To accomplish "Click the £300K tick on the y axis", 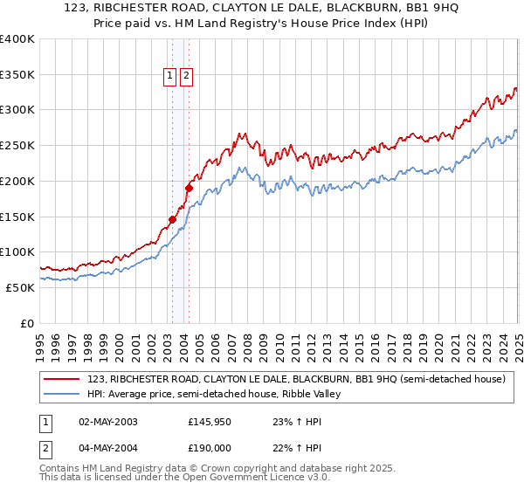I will pos(17,110).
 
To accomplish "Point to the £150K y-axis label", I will pos(17,217).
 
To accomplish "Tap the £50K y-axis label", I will pos(21,287).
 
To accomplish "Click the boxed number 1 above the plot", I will pos(171,76).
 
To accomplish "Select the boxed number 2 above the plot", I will pos(187,76).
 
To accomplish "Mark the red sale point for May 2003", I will pos(172,219).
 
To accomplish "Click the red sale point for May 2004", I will pos(188,187).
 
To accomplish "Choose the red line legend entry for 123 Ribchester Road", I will pos(296,379).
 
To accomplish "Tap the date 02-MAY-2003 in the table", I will pos(108,422).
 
